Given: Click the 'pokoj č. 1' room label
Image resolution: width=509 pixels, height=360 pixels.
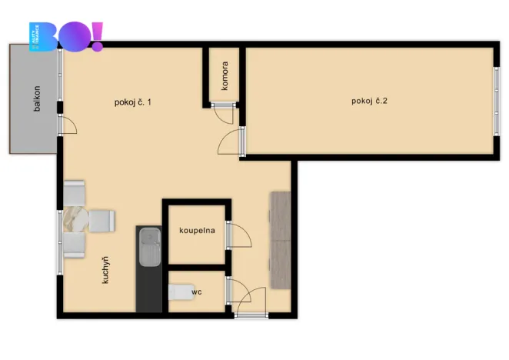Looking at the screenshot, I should [x=132, y=102].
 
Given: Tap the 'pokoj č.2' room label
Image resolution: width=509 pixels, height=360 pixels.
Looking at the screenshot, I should [x=369, y=101].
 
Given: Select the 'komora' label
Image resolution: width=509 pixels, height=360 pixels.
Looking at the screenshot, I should [x=225, y=76].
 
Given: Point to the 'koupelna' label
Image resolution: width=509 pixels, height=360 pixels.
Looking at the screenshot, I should [x=197, y=230].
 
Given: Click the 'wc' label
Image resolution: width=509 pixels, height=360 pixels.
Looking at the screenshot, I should [x=196, y=292].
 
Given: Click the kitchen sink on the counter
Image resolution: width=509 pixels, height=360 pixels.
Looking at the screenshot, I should [x=149, y=248].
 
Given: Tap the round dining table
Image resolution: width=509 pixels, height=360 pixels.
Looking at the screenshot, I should [x=77, y=219].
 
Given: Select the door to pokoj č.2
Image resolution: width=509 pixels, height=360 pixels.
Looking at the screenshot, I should [x=231, y=142].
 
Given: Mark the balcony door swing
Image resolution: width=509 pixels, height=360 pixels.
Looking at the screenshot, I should [x=68, y=125].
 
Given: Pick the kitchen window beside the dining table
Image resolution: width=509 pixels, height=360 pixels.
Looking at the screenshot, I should [x=58, y=242].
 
